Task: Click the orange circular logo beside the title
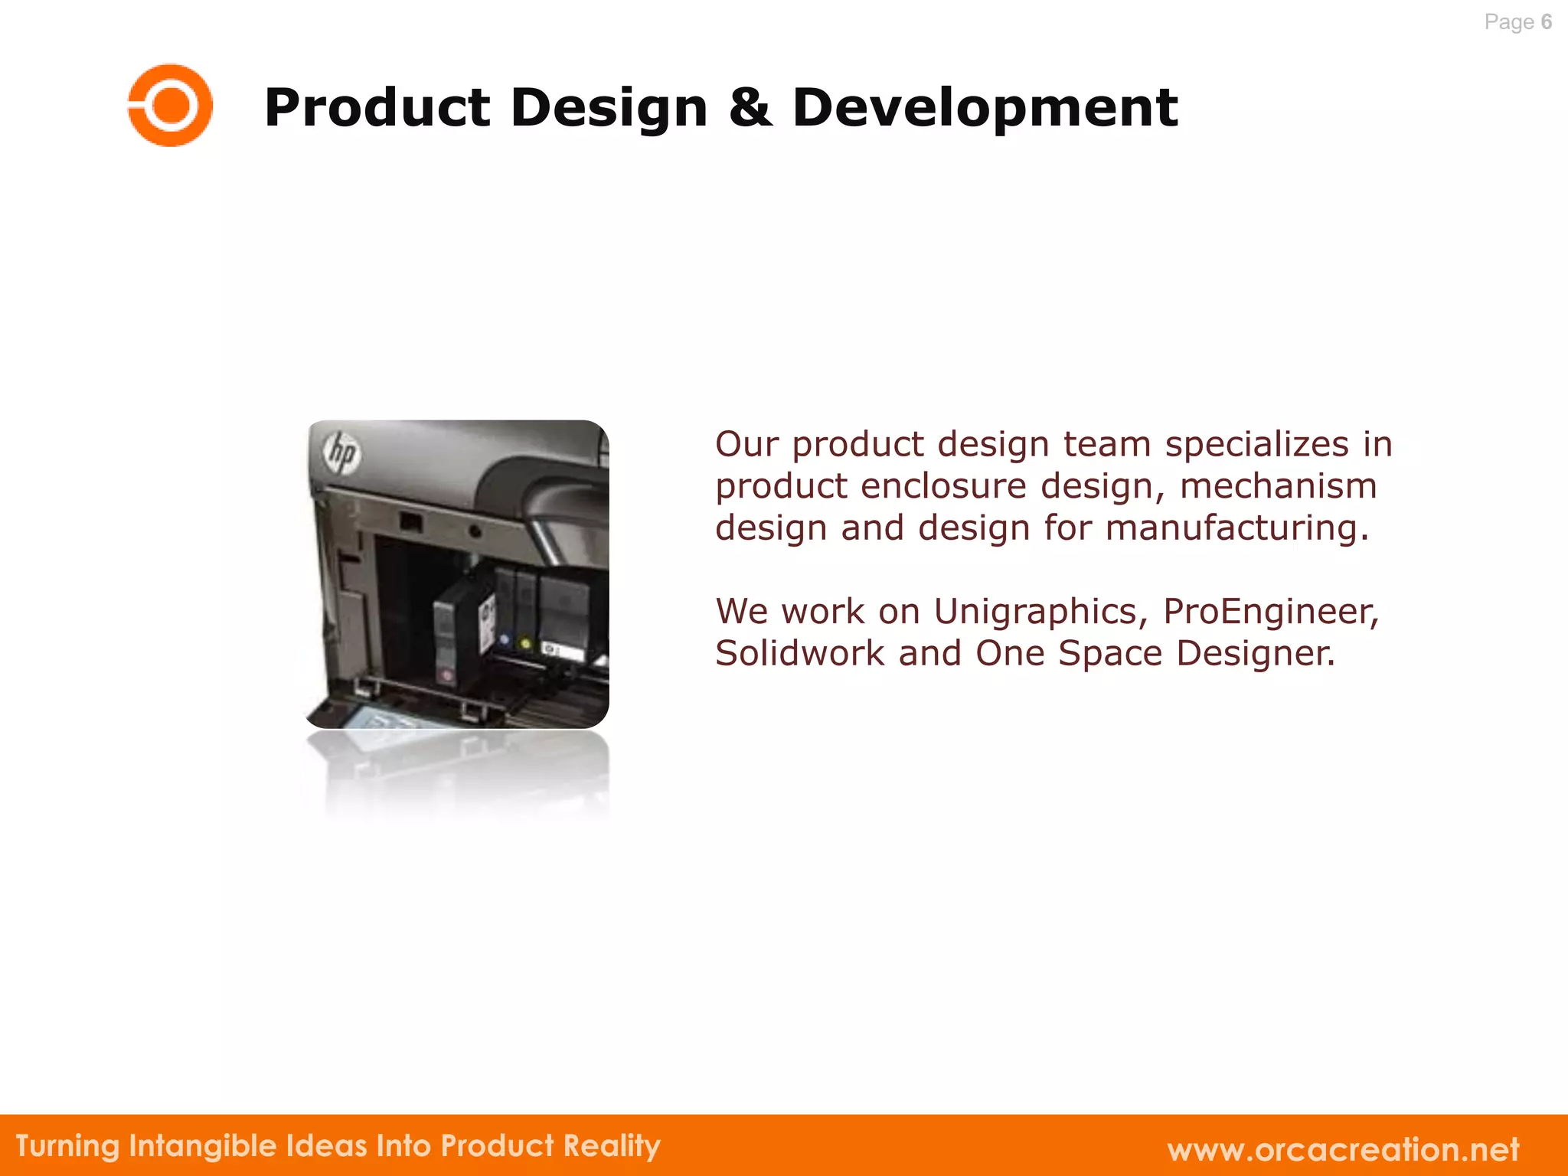click(x=170, y=106)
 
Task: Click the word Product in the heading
click(x=377, y=107)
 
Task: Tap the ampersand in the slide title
click(x=750, y=107)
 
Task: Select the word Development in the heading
click(x=985, y=107)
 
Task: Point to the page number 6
click(x=1546, y=21)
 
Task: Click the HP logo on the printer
click(x=341, y=452)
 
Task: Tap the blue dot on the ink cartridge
click(x=504, y=639)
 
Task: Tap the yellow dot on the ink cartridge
click(x=525, y=643)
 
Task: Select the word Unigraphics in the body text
click(x=1041, y=611)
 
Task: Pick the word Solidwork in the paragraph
click(x=799, y=653)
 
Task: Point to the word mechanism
click(x=1278, y=486)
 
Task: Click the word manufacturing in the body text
click(x=1236, y=528)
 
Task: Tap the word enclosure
click(x=943, y=486)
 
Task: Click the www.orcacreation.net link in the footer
click(x=1343, y=1149)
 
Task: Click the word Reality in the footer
click(x=612, y=1146)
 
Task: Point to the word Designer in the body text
click(x=1256, y=653)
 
